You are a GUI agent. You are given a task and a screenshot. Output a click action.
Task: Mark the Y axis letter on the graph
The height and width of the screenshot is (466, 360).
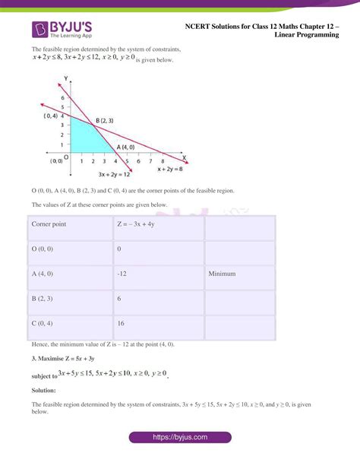tap(67, 79)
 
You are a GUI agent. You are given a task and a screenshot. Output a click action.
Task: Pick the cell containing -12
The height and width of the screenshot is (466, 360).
tap(122, 274)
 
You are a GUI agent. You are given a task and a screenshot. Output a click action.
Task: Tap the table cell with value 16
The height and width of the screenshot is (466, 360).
tap(121, 322)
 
